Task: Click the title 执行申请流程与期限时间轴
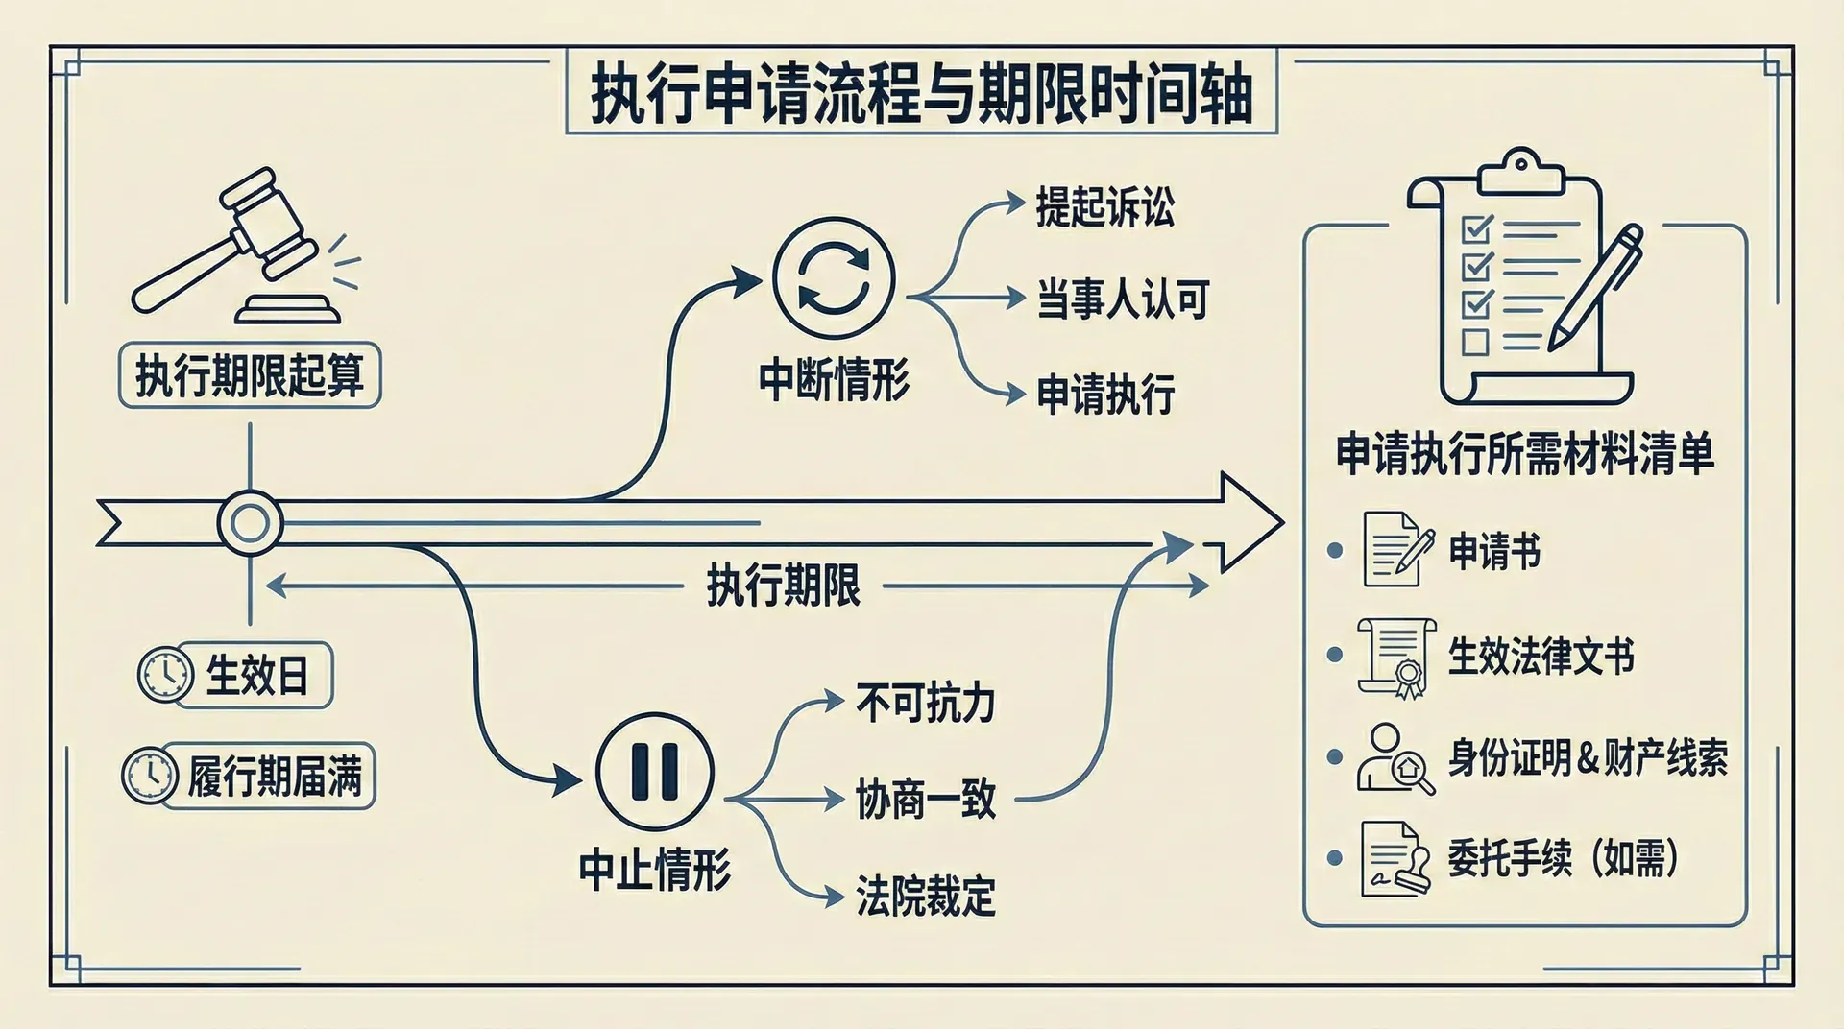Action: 921,93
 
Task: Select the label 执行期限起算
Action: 250,375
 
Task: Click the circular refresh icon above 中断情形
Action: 834,278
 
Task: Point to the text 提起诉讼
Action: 1104,207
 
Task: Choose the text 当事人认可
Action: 1123,299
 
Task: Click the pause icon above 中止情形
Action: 655,771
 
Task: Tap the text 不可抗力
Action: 925,704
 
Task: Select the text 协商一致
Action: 925,800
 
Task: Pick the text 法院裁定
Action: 925,897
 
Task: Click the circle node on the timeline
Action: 251,524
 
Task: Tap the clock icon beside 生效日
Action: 164,675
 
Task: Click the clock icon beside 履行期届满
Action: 150,775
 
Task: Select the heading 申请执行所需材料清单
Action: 1524,454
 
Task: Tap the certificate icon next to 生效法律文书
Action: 1396,657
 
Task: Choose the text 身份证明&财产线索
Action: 1588,758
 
